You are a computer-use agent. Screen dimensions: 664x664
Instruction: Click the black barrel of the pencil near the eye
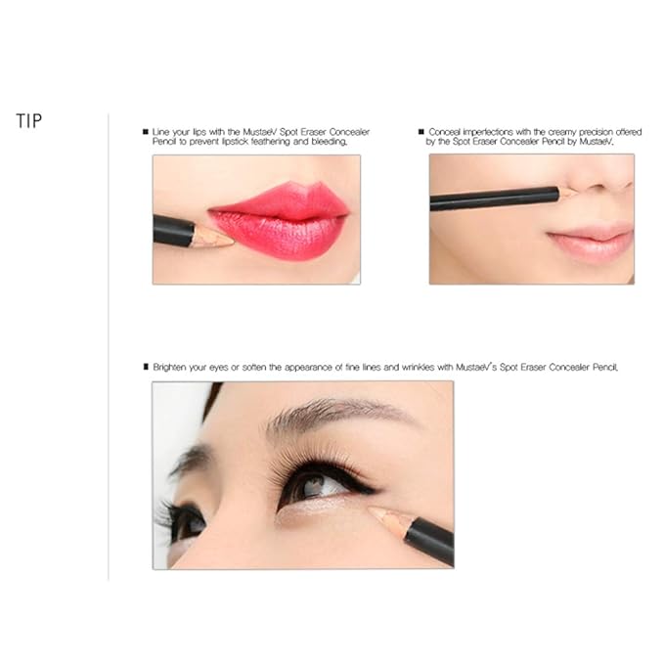430,539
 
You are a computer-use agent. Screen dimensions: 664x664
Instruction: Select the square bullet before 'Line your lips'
147,130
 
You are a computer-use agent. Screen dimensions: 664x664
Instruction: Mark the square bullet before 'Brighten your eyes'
147,368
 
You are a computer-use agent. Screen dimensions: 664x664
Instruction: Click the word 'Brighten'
172,368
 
